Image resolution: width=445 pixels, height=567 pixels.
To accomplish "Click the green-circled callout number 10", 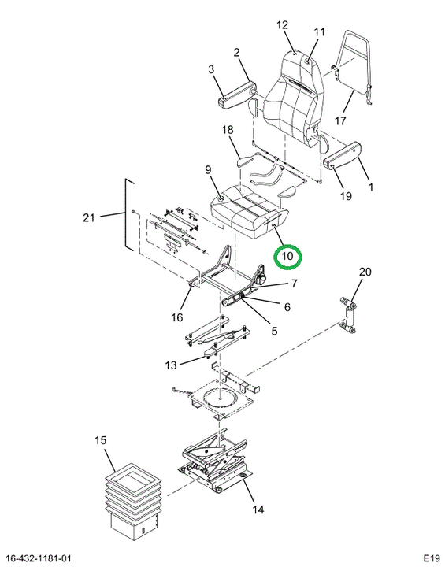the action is click(287, 257).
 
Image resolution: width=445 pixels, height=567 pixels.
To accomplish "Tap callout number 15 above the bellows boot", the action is click(101, 440).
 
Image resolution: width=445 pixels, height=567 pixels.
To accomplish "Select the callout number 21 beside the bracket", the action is click(89, 217).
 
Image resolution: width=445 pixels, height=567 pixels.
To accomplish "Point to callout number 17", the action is click(340, 120).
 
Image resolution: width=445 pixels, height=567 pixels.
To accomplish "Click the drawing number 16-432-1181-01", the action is click(39, 558).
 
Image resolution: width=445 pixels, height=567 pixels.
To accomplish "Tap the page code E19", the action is click(432, 558).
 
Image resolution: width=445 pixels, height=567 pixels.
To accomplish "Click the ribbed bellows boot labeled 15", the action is click(133, 502).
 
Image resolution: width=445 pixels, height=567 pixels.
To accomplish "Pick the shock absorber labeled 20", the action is click(347, 314).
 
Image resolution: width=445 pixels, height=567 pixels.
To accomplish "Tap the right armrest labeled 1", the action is click(343, 155).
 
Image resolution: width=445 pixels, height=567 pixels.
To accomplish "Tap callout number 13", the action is click(171, 365).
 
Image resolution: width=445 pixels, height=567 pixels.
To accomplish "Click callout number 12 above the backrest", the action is click(282, 25).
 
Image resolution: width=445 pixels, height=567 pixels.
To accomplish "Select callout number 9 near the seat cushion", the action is click(208, 169).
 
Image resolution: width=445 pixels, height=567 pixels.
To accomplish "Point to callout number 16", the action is click(177, 317).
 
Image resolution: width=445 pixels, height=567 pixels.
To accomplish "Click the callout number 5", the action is click(274, 331).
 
